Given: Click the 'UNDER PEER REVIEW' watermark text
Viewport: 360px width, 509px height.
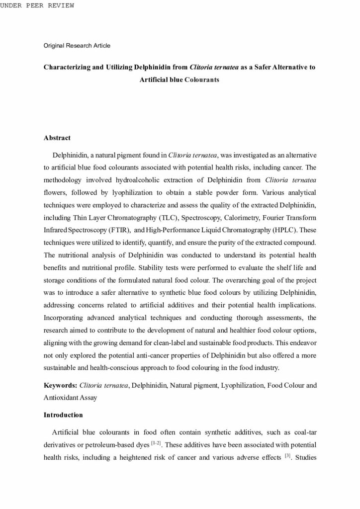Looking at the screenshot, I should (x=37, y=5).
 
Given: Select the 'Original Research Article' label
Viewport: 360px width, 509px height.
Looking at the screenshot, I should (x=77, y=46).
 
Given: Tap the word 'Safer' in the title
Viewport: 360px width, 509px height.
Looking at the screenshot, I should (x=266, y=66).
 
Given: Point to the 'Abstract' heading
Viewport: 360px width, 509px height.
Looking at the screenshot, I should (x=57, y=138).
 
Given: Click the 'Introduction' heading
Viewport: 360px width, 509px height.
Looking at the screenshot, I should (x=63, y=415).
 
